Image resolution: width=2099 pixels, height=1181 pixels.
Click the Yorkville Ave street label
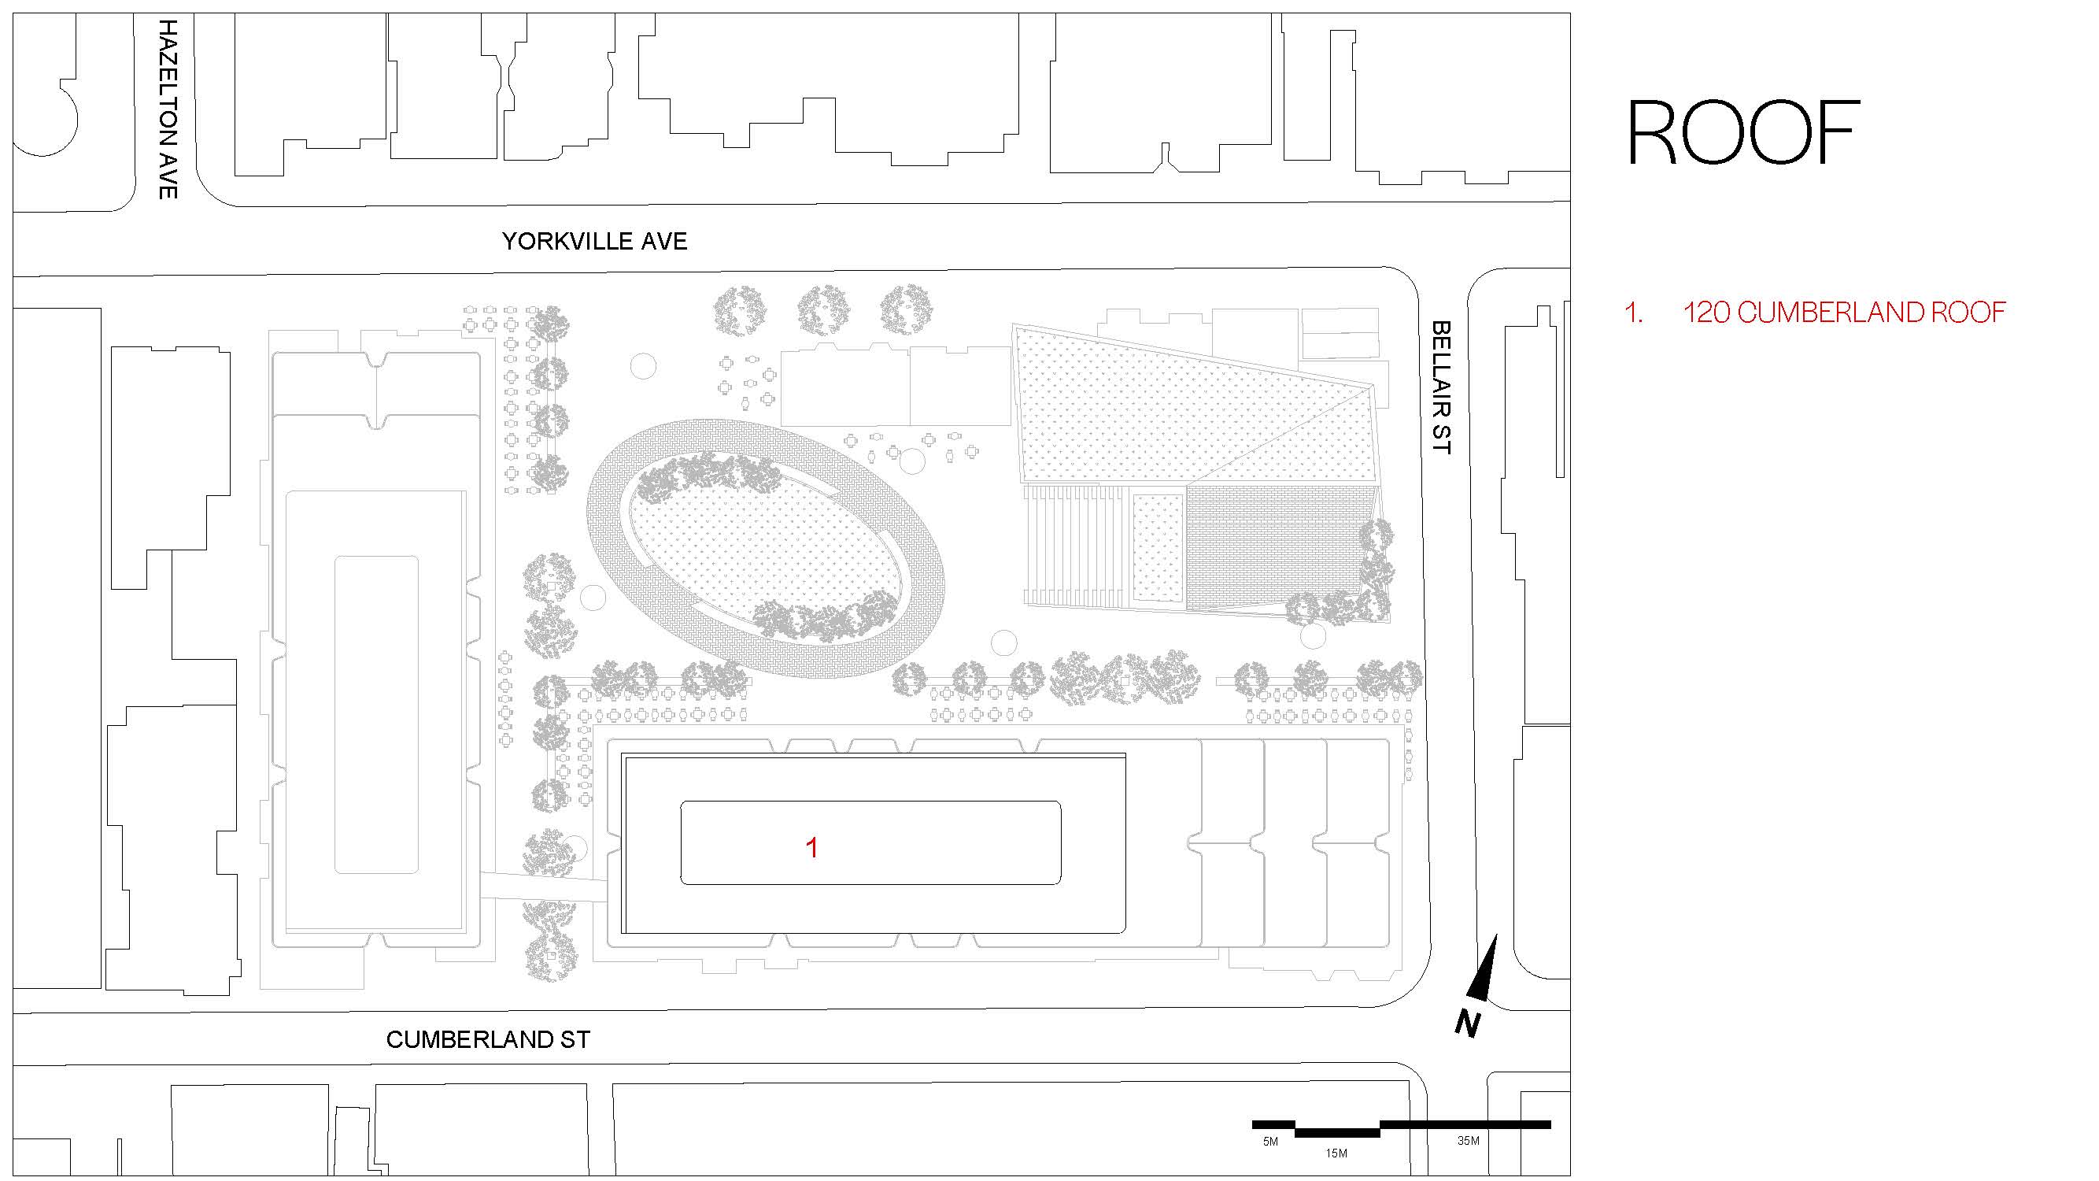click(x=594, y=241)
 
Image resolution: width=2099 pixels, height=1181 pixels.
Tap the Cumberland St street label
click(x=487, y=1040)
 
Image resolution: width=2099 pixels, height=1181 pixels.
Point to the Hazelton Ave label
click(x=168, y=109)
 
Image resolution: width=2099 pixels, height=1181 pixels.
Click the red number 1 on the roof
click(x=811, y=849)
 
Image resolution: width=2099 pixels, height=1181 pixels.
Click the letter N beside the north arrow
click(x=1468, y=1024)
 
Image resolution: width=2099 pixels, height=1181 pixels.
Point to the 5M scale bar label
click(x=1270, y=1142)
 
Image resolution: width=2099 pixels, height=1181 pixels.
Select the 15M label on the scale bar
click(x=1336, y=1153)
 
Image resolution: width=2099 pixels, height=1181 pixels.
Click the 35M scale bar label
click(x=1469, y=1141)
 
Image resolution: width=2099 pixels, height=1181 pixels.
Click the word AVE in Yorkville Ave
click(x=663, y=241)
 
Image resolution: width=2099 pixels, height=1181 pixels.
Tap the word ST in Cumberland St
click(x=574, y=1040)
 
